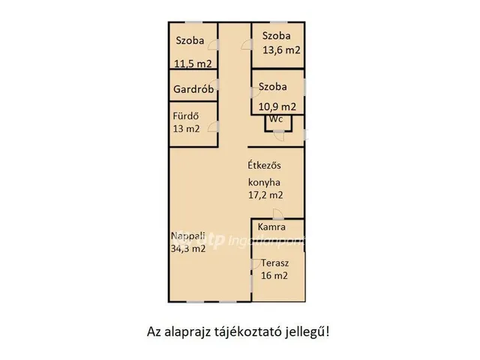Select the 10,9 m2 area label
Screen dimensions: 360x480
point(277,107)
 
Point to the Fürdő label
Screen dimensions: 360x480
point(185,116)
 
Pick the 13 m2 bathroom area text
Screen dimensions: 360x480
point(186,128)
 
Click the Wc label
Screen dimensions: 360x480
point(276,118)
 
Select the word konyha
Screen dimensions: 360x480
point(265,182)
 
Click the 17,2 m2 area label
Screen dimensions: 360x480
point(265,195)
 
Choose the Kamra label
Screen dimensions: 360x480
point(271,226)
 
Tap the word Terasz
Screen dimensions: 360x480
point(275,263)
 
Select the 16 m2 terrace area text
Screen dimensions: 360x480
point(274,275)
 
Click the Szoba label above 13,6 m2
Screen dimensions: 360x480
point(275,36)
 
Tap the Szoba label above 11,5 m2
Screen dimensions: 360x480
point(190,40)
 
